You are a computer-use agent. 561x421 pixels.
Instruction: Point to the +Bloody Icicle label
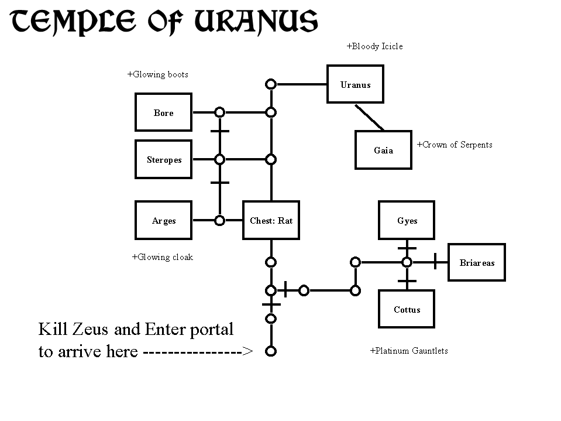tap(374, 46)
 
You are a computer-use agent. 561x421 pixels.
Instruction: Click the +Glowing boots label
tap(158, 74)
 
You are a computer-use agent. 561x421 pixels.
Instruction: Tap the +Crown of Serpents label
tap(455, 145)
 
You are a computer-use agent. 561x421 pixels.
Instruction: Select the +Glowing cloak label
tap(163, 257)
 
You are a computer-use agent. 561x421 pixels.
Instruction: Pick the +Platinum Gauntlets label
tap(409, 351)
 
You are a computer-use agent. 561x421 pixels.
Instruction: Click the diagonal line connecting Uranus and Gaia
tap(369, 117)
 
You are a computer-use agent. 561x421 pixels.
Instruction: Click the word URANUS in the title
tap(256, 22)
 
